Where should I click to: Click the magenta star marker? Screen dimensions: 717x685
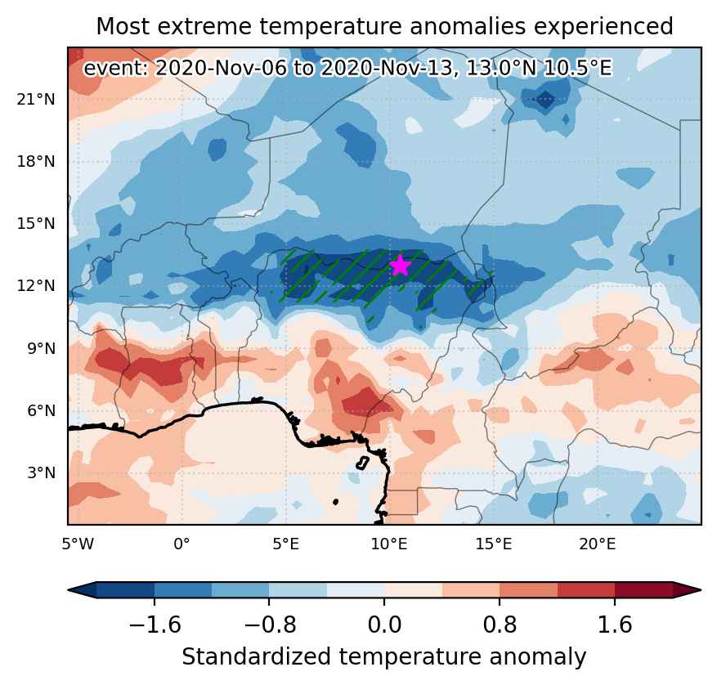click(x=400, y=265)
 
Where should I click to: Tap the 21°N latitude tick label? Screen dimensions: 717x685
click(x=36, y=99)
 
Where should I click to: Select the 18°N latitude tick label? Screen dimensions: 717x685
click(x=36, y=161)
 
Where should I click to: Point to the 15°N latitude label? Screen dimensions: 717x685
click(x=36, y=223)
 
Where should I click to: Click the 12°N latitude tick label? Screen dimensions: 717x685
click(x=36, y=285)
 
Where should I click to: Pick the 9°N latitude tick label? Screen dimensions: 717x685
click(x=42, y=348)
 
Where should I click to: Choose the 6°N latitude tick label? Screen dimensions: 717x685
click(x=42, y=410)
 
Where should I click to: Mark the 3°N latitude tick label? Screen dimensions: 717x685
click(x=42, y=472)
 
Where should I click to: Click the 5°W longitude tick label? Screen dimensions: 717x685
click(x=78, y=544)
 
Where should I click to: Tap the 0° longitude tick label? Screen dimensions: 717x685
click(x=182, y=544)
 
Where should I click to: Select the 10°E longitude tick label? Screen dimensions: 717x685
click(x=390, y=544)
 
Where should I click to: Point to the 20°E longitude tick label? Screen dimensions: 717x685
click(x=598, y=544)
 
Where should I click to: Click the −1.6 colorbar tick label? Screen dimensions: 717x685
click(x=155, y=625)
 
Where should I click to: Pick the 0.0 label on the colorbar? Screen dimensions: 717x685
click(x=384, y=625)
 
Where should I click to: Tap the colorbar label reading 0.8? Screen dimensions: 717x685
click(x=500, y=625)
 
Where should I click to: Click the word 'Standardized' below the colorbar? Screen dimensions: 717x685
click(x=256, y=657)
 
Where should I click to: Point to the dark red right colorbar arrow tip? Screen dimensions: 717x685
click(x=701, y=590)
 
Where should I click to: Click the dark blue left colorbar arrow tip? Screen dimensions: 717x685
click(x=69, y=590)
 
